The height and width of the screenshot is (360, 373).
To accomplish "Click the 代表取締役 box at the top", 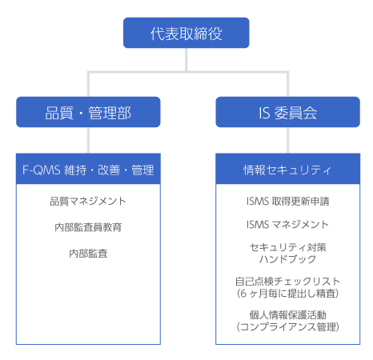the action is (186, 33).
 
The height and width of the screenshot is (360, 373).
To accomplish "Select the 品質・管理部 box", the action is (88, 112).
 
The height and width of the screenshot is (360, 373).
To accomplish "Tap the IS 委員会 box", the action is (288, 112).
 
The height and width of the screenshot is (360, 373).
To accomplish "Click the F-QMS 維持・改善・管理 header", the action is (88, 169).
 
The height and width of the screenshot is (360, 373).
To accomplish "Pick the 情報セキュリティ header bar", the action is (288, 169).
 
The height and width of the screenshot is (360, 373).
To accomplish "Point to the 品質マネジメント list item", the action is (88, 201).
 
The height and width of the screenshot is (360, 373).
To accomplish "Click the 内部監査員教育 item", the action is (88, 227).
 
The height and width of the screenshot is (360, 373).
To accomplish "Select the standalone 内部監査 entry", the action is (88, 254).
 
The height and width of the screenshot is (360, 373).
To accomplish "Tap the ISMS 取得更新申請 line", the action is (287, 201).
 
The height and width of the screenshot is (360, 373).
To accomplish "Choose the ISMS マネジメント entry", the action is (287, 224).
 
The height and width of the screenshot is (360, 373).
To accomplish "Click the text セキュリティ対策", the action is (288, 247).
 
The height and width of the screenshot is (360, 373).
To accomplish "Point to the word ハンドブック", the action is (288, 259).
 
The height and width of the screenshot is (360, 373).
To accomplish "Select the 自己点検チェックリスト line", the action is (288, 282).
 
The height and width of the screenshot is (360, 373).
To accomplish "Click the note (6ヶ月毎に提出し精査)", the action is (288, 294).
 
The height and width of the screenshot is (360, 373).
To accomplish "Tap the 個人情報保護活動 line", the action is (288, 315).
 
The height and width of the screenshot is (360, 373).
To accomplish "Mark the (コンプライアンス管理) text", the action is (288, 327).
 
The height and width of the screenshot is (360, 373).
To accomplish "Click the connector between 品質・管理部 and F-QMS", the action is (88, 140).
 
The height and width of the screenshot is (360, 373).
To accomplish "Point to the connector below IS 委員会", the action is (288, 140).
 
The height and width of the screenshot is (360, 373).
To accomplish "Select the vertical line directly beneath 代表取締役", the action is (186, 60).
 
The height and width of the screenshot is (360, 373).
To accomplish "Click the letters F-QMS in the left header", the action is (42, 170).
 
